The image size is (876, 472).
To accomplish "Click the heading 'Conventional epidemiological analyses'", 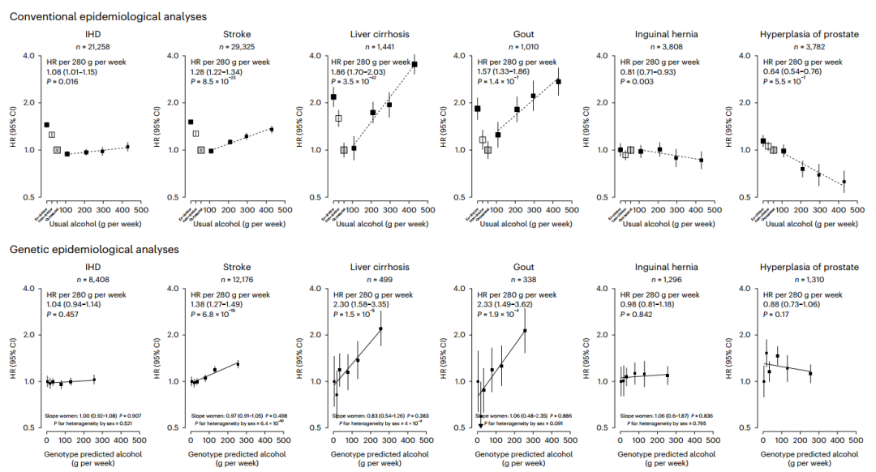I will tap(107, 16).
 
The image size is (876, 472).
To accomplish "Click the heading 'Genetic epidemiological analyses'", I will tap(93, 250).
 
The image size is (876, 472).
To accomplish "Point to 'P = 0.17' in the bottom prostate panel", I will tap(778, 314).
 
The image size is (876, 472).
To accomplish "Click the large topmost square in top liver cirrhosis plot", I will tap(414, 64).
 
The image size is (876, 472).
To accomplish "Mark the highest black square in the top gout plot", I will tap(558, 82).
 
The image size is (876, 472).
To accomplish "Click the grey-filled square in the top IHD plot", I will tap(57, 150).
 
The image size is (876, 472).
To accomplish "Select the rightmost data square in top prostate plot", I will tap(844, 182).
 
